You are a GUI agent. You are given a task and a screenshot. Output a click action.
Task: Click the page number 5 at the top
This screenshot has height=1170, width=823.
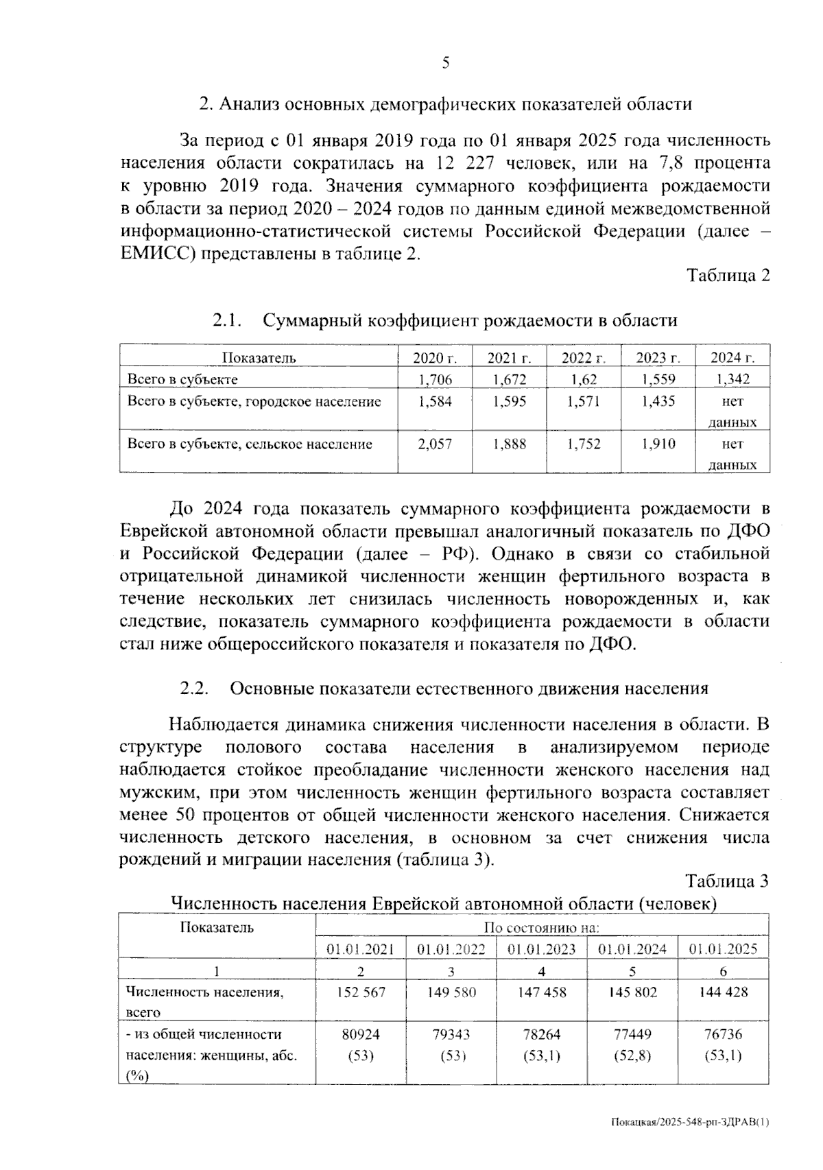[x=446, y=64]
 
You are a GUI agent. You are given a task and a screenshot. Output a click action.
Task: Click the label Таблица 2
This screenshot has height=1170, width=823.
[x=728, y=276]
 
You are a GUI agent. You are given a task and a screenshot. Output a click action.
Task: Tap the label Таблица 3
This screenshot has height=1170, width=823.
[x=728, y=882]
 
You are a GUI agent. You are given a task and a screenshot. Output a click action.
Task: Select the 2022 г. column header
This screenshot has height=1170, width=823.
[x=584, y=357]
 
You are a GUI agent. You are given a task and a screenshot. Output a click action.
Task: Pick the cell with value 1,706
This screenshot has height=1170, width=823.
[x=435, y=379]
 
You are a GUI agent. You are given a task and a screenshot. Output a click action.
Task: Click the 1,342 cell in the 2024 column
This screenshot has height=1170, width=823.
[x=732, y=379]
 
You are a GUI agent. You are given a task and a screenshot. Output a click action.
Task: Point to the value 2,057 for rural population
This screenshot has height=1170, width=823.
[x=435, y=444]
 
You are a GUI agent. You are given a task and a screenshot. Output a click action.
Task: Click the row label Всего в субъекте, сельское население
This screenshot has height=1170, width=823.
[x=250, y=444]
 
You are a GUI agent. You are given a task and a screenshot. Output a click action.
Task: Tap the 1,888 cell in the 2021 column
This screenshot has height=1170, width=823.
[x=509, y=444]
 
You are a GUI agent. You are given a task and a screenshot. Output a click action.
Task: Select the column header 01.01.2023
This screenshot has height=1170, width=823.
[x=542, y=949]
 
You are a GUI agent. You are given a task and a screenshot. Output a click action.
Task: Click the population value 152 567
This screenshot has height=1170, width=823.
[x=361, y=992]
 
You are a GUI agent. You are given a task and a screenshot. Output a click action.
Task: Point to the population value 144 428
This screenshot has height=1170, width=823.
[x=723, y=992]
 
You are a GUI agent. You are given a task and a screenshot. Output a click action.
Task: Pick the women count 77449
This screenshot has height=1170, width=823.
[x=632, y=1034]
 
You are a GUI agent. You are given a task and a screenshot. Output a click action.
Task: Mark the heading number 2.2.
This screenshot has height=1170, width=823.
[x=194, y=689]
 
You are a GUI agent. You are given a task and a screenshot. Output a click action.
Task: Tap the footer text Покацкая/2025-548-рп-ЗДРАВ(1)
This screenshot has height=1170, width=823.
[x=690, y=1123]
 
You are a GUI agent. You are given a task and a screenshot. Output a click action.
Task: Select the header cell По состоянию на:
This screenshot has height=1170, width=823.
[x=542, y=929]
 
